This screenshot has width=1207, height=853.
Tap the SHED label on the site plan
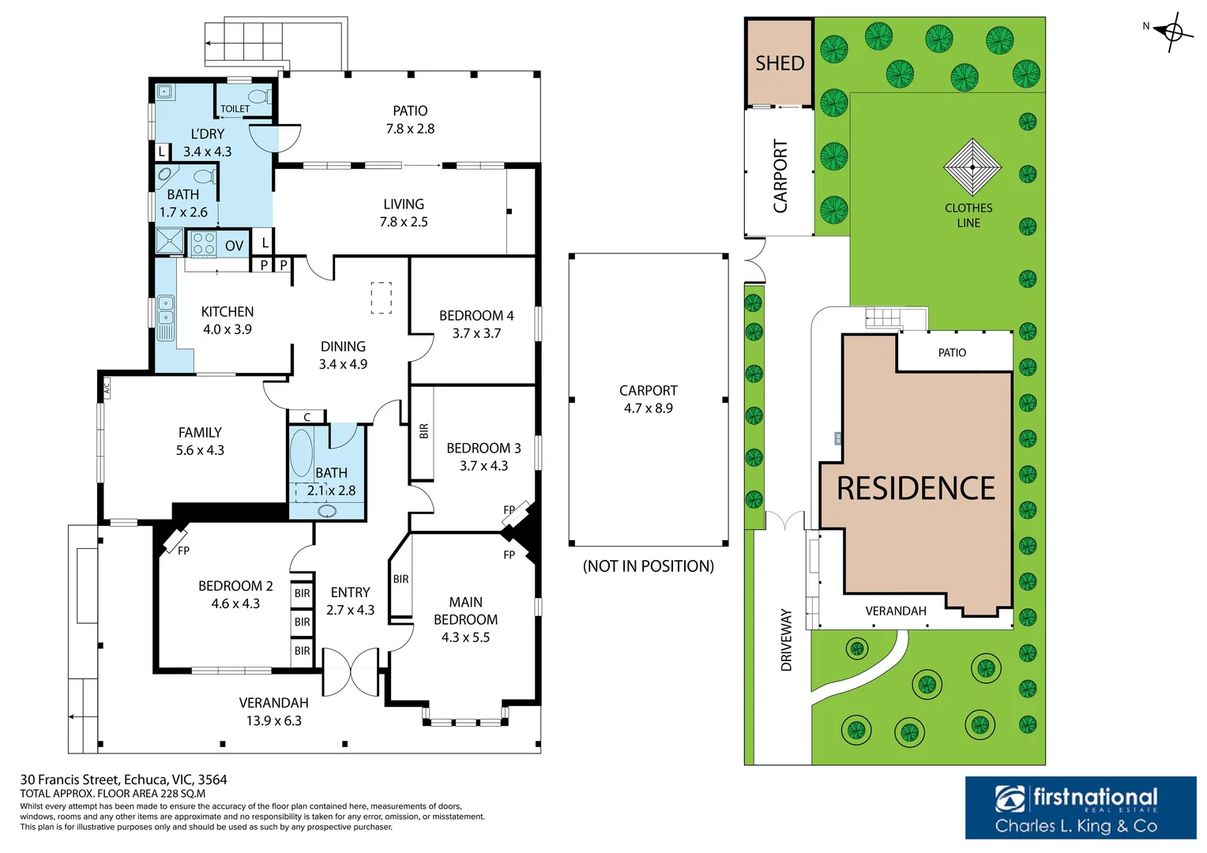pyautogui.click(x=779, y=64)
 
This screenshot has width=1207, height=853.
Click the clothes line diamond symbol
pyautogui.click(x=972, y=167)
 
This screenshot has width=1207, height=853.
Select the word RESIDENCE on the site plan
pyautogui.click(x=916, y=488)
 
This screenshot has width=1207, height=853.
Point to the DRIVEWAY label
pyautogui.click(x=786, y=640)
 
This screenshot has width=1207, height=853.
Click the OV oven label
pyautogui.click(x=234, y=246)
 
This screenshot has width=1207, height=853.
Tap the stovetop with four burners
pyautogui.click(x=205, y=242)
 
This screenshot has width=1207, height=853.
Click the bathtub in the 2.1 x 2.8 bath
pyautogui.click(x=301, y=453)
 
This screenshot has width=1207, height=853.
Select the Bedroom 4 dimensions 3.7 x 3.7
pyautogui.click(x=476, y=333)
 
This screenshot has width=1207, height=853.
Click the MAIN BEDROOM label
pyautogui.click(x=465, y=611)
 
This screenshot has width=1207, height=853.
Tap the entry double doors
pyautogui.click(x=351, y=671)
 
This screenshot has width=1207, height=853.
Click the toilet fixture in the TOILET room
pyautogui.click(x=261, y=97)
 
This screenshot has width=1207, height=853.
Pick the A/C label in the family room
pyautogui.click(x=107, y=387)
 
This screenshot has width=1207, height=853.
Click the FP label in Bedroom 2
pyautogui.click(x=183, y=551)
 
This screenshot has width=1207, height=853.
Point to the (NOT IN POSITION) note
pyautogui.click(x=649, y=566)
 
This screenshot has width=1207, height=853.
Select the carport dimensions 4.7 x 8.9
pyautogui.click(x=649, y=408)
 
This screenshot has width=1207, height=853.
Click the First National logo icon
pyautogui.click(x=1010, y=798)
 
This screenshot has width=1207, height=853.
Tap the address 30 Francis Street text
pyautogui.click(x=70, y=780)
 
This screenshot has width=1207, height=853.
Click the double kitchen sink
pyautogui.click(x=165, y=310)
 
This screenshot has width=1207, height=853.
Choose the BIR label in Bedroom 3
pyautogui.click(x=423, y=431)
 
